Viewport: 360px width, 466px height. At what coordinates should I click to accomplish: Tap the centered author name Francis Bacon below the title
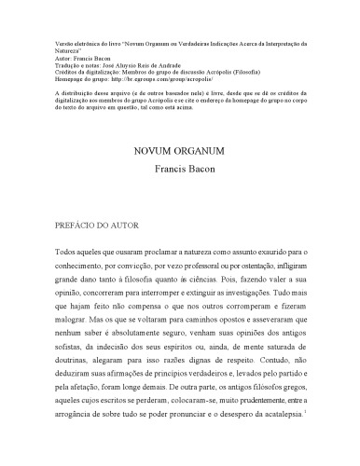tap(180, 170)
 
